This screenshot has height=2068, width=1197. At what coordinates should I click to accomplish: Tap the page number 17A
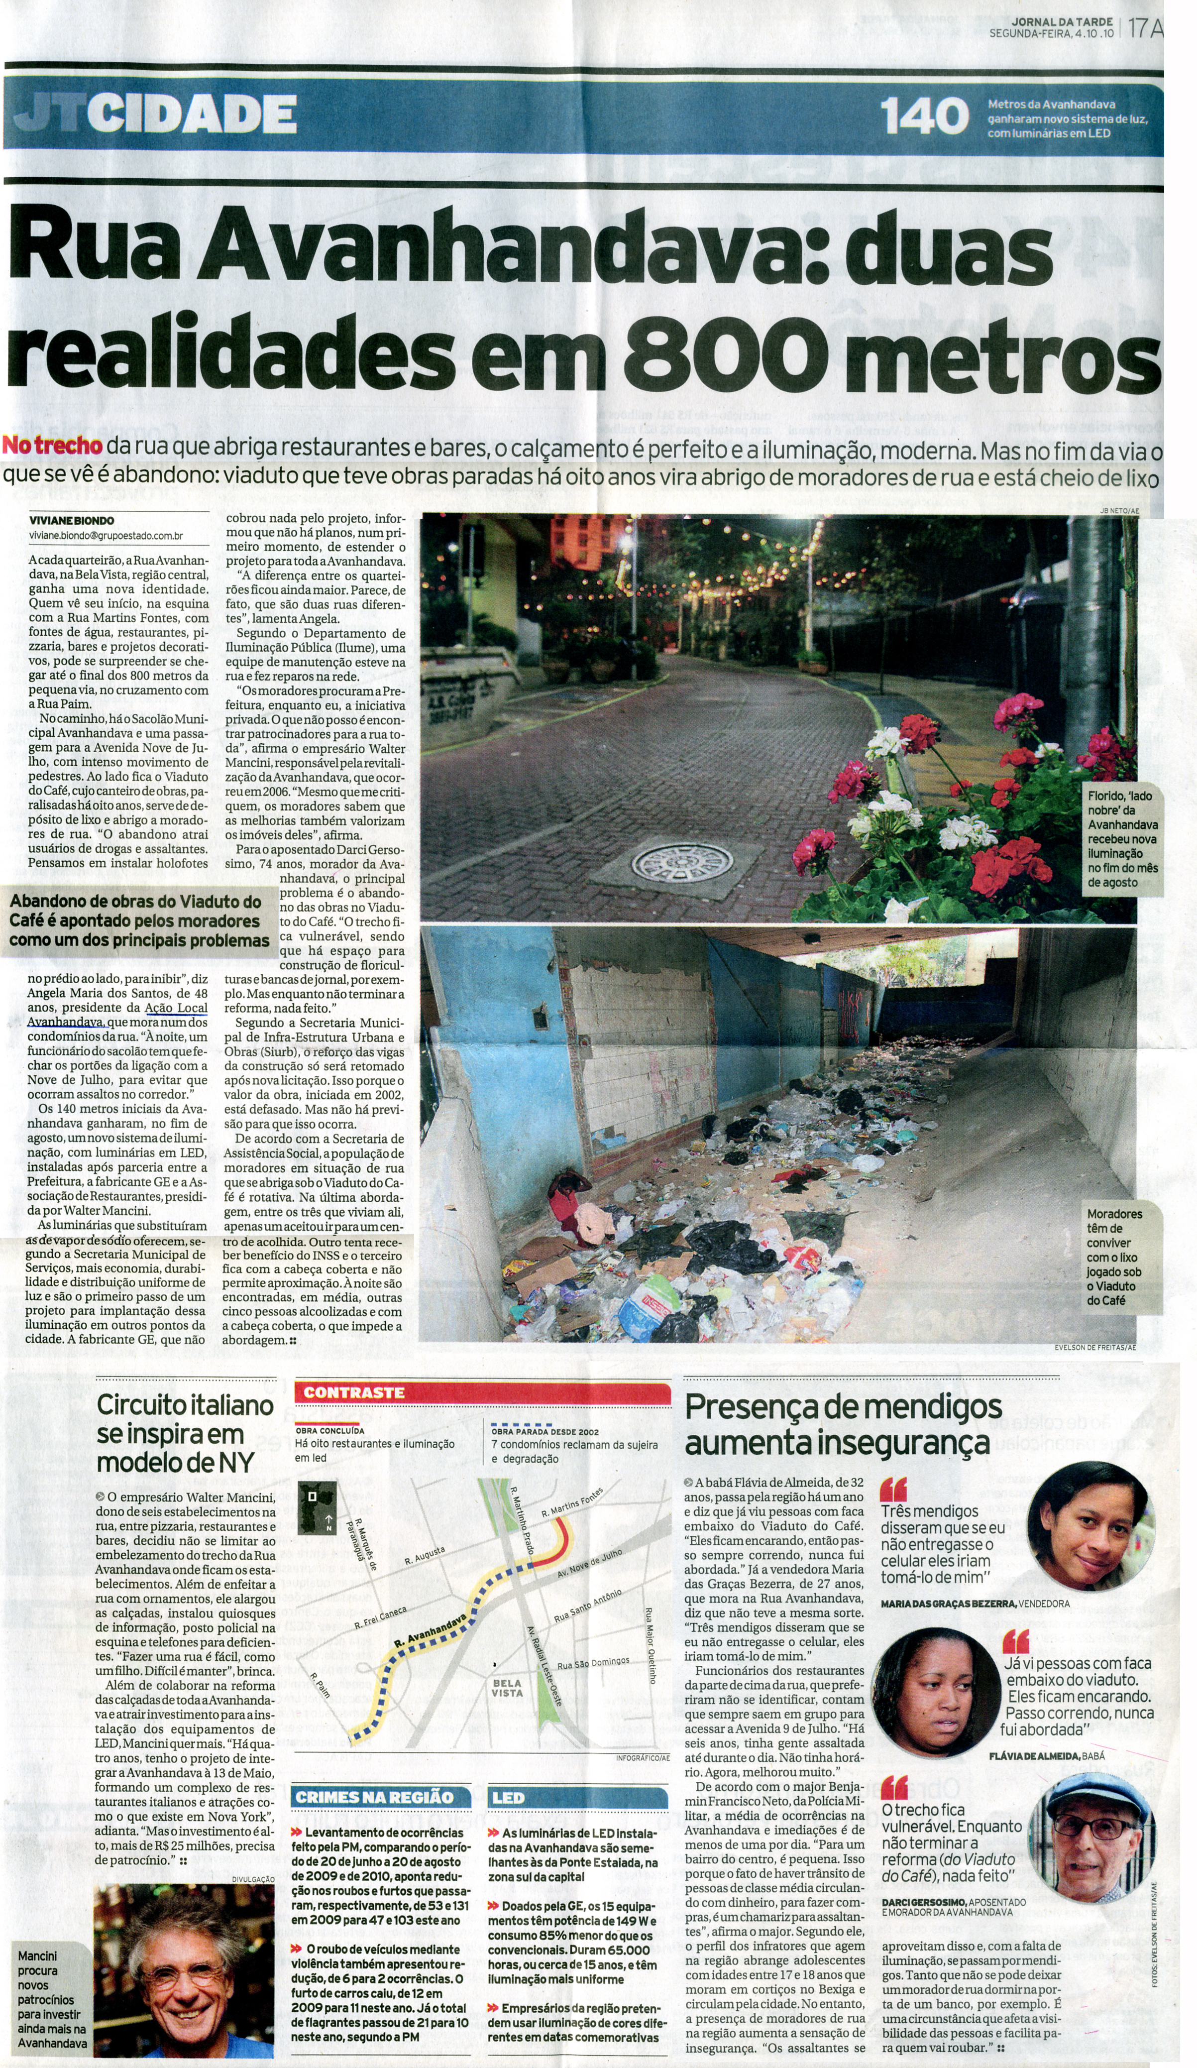click(x=1145, y=29)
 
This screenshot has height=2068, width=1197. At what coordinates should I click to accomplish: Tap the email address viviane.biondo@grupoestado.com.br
click(x=106, y=536)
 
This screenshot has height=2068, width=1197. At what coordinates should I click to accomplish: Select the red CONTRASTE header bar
click(x=482, y=1392)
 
